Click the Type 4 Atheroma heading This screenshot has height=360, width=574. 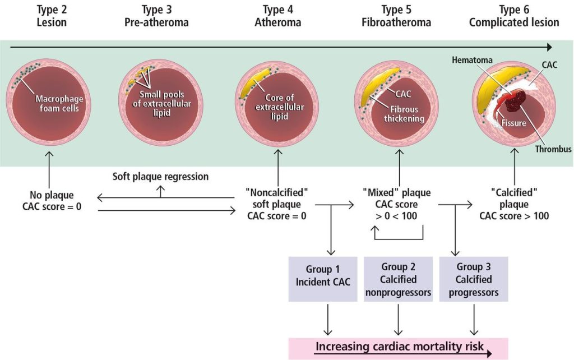tap(278, 16)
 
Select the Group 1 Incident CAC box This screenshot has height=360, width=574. tap(323, 279)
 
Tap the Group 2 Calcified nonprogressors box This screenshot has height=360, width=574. tap(399, 279)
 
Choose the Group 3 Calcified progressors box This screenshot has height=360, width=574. tap(474, 279)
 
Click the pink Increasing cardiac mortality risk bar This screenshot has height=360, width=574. tap(398, 348)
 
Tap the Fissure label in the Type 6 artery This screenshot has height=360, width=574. tap(513, 123)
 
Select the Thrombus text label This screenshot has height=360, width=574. tap(553, 149)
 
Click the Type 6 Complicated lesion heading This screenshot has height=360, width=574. tap(514, 16)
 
